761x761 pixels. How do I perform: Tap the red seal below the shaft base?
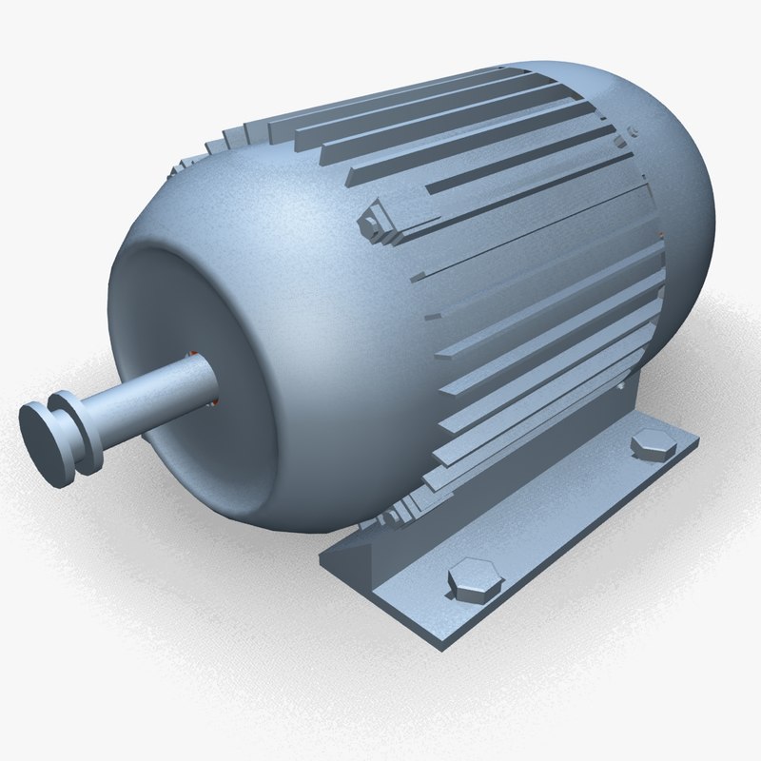(213, 402)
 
